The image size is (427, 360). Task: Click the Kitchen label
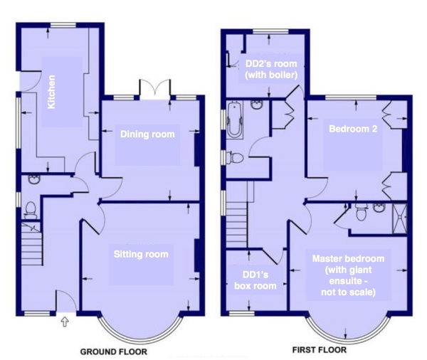51,92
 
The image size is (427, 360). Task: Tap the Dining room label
147,134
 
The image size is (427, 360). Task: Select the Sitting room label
141,254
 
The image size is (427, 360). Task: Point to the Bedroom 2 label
353,129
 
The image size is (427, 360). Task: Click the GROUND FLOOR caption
114,352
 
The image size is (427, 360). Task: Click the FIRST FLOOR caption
320,350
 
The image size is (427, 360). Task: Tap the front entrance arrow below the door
65,322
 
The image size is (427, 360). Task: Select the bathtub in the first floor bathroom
234,120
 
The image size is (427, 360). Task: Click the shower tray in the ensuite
399,218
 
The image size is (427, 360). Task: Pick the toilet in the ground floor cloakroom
31,210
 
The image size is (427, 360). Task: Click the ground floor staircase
32,243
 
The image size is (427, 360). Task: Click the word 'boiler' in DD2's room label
285,75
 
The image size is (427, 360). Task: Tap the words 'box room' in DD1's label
255,286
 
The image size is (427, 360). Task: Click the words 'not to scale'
348,292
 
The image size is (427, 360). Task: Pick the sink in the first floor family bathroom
257,105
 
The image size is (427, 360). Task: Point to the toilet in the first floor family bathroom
235,158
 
